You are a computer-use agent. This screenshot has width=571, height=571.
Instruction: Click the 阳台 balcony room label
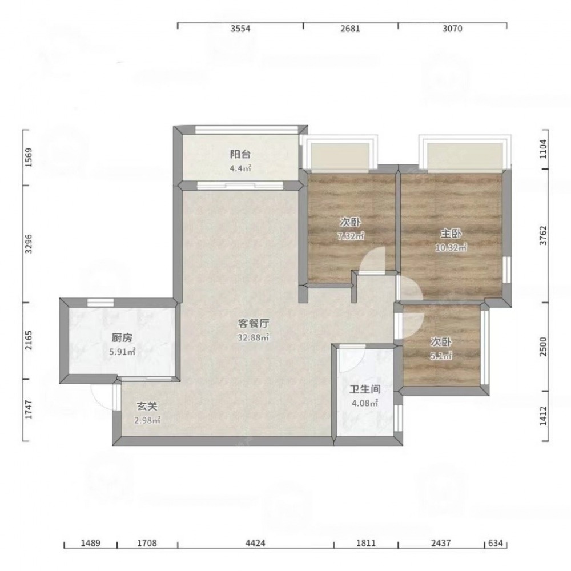point(240,154)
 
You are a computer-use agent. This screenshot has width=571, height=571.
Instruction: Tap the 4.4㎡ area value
point(240,168)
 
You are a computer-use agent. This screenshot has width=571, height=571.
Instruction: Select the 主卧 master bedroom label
point(451,234)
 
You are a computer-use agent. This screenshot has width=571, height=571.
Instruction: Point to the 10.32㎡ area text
point(451,248)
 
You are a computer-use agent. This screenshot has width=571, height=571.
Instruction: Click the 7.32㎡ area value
point(351,236)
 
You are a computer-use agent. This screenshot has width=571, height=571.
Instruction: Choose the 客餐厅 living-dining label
point(254,323)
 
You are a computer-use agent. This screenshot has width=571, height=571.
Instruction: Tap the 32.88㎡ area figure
point(254,337)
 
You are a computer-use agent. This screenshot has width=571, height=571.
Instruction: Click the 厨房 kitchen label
point(122,338)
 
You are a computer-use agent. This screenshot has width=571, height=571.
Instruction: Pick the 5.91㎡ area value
point(122,352)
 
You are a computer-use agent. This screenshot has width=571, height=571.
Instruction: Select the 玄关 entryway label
point(147,406)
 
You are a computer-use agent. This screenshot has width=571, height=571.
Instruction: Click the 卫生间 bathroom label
point(365,389)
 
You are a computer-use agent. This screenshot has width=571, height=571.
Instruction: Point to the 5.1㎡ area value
point(441,356)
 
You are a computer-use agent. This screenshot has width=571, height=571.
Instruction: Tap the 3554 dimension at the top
point(240,29)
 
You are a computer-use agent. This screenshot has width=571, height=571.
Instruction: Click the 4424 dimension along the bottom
point(255,544)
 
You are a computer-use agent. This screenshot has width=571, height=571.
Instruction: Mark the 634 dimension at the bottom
point(496,544)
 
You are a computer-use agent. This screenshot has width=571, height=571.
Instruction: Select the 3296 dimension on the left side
point(29,244)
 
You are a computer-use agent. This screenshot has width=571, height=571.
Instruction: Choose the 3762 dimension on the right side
point(543,236)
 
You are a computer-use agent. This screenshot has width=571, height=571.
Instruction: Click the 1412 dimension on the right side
point(543,416)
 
